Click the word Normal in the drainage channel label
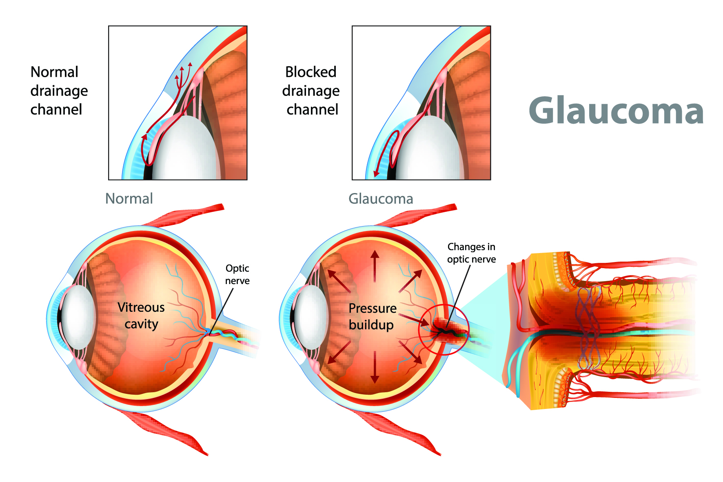(x=54, y=72)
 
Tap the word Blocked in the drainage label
(x=310, y=72)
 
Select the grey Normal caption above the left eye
(x=129, y=199)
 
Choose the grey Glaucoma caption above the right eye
(x=380, y=199)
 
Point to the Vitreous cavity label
(x=141, y=315)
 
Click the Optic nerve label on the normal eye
(x=237, y=274)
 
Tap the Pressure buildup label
(x=372, y=316)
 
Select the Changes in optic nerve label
(x=471, y=253)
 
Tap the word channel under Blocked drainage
(x=312, y=110)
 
